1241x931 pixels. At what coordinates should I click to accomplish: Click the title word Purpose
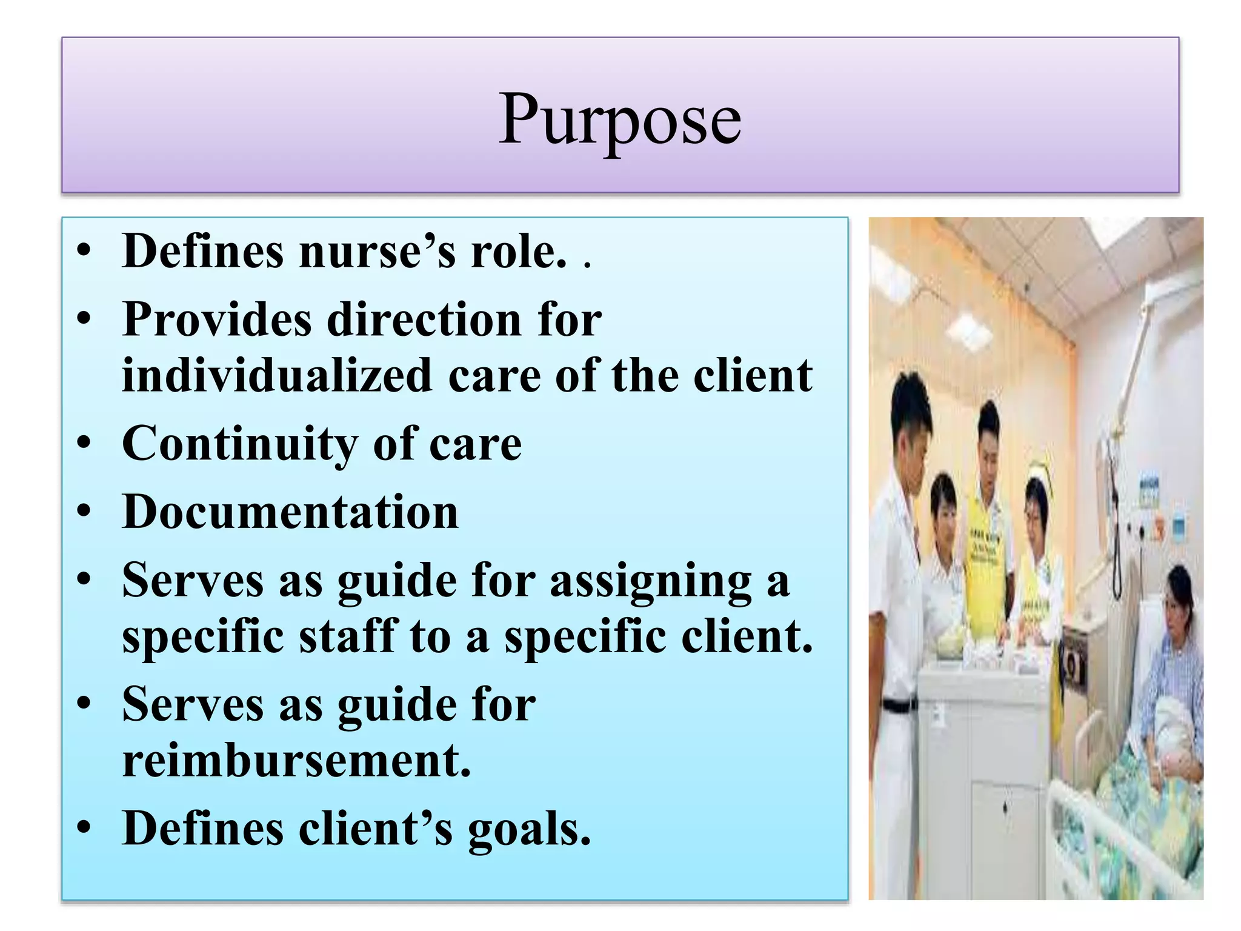pyautogui.click(x=619, y=119)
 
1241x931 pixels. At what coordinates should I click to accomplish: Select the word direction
pyautogui.click(x=424, y=319)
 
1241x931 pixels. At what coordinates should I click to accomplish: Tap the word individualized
pyautogui.click(x=277, y=376)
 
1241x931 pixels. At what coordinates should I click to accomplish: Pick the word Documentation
pyautogui.click(x=290, y=512)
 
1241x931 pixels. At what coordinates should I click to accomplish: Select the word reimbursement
pyautogui.click(x=296, y=760)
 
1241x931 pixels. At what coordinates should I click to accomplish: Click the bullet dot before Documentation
pyautogui.click(x=84, y=513)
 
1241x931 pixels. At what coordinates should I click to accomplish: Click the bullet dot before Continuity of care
pyautogui.click(x=84, y=444)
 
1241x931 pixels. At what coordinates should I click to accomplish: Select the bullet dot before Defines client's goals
pyautogui.click(x=84, y=829)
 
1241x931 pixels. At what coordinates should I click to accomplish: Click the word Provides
pyautogui.click(x=216, y=319)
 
